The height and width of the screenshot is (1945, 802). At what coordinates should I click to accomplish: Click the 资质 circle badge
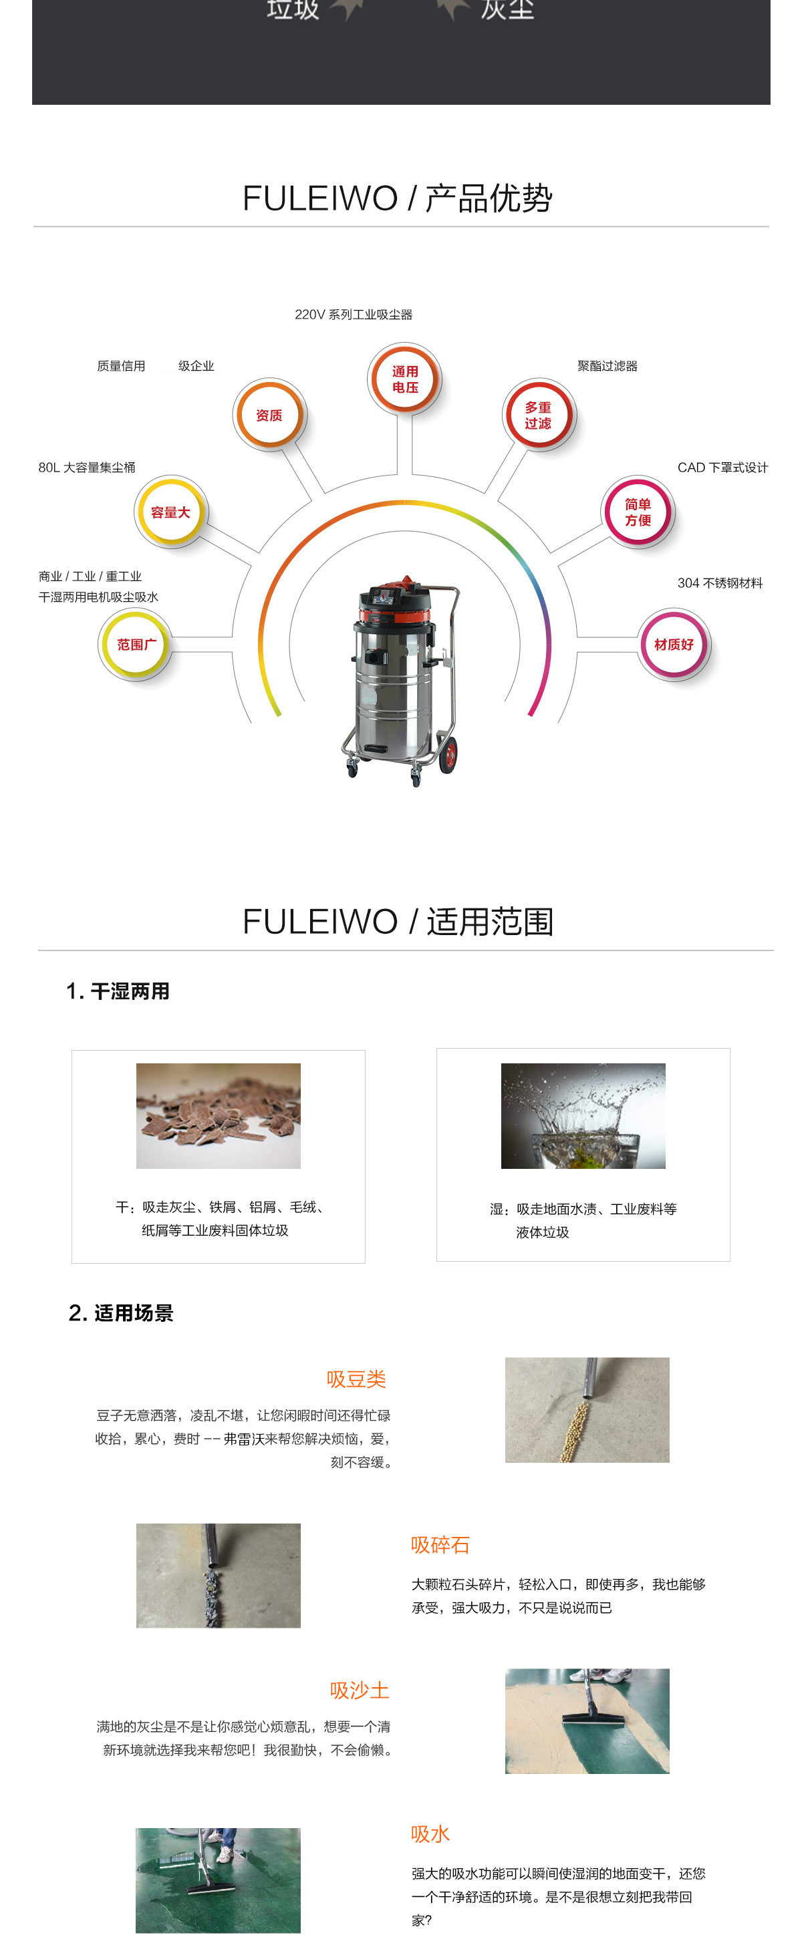[269, 415]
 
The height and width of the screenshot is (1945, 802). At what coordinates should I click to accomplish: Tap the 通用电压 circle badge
[405, 379]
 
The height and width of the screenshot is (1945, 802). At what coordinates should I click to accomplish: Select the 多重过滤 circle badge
[539, 415]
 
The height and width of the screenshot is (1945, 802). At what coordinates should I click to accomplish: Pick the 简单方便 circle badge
[638, 512]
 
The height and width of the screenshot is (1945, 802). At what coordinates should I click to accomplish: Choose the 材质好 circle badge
[674, 644]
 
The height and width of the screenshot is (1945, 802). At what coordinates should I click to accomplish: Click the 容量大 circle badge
[170, 512]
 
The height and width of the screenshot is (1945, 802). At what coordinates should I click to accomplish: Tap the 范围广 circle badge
[136, 644]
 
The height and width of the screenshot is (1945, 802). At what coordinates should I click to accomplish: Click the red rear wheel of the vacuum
[448, 753]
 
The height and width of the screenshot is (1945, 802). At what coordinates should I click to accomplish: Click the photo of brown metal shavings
[219, 1115]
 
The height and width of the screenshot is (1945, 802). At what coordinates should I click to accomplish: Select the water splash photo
[583, 1115]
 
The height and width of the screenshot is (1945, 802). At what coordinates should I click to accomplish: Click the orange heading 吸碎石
[440, 1544]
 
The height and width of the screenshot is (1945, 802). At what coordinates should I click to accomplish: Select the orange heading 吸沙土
[360, 1690]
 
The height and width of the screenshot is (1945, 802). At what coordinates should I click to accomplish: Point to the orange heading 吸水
[430, 1833]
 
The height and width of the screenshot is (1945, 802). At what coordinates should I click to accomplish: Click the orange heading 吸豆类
[356, 1379]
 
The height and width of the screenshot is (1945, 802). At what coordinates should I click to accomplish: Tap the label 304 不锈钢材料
[720, 583]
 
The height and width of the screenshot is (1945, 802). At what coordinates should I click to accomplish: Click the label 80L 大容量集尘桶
[87, 468]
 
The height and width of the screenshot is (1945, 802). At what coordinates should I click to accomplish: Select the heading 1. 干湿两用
[118, 991]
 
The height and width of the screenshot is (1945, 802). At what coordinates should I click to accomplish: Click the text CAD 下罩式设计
[722, 468]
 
